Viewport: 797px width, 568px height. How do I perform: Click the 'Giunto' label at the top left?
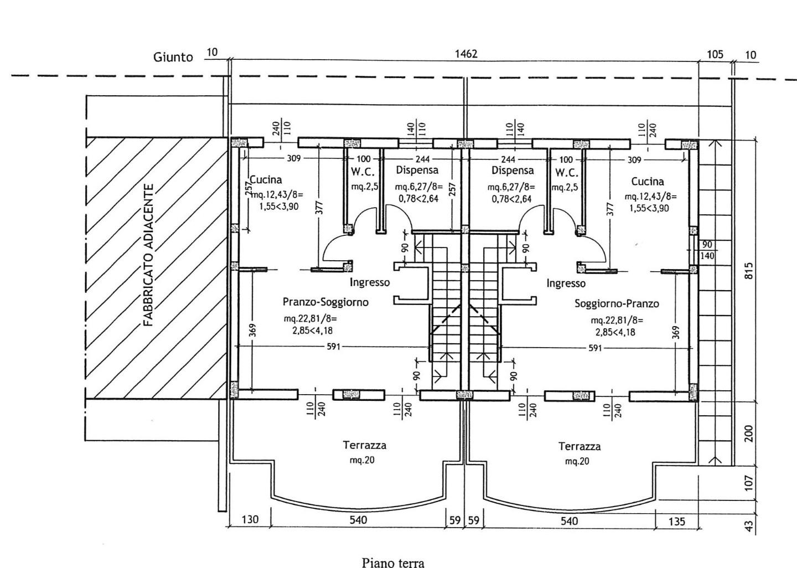point(173,57)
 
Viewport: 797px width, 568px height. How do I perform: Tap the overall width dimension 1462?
point(465,54)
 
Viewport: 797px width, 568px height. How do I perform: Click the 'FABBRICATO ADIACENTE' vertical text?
point(148,255)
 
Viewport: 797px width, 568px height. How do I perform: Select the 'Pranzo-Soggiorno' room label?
point(325,302)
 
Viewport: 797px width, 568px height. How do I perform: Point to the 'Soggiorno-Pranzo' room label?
point(617,303)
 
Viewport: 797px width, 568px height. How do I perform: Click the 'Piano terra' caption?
point(393,563)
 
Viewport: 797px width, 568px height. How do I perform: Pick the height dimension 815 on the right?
point(749,271)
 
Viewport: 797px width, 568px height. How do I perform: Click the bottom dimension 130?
point(250,520)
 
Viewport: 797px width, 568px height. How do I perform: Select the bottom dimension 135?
point(676,521)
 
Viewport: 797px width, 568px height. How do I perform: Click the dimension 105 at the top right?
point(715,54)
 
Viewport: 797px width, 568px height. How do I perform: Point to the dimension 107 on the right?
point(749,482)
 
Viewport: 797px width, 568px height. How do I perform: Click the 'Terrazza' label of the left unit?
point(364,445)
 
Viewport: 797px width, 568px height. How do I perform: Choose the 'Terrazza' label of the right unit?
point(579,446)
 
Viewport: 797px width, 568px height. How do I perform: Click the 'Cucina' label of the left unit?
point(266,179)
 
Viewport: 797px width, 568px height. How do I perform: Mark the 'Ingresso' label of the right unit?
point(566,283)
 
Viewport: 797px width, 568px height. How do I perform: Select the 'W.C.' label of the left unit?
point(363,172)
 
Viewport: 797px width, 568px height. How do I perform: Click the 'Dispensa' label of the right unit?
point(513,171)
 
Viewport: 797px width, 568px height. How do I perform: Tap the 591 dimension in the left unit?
point(334,347)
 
